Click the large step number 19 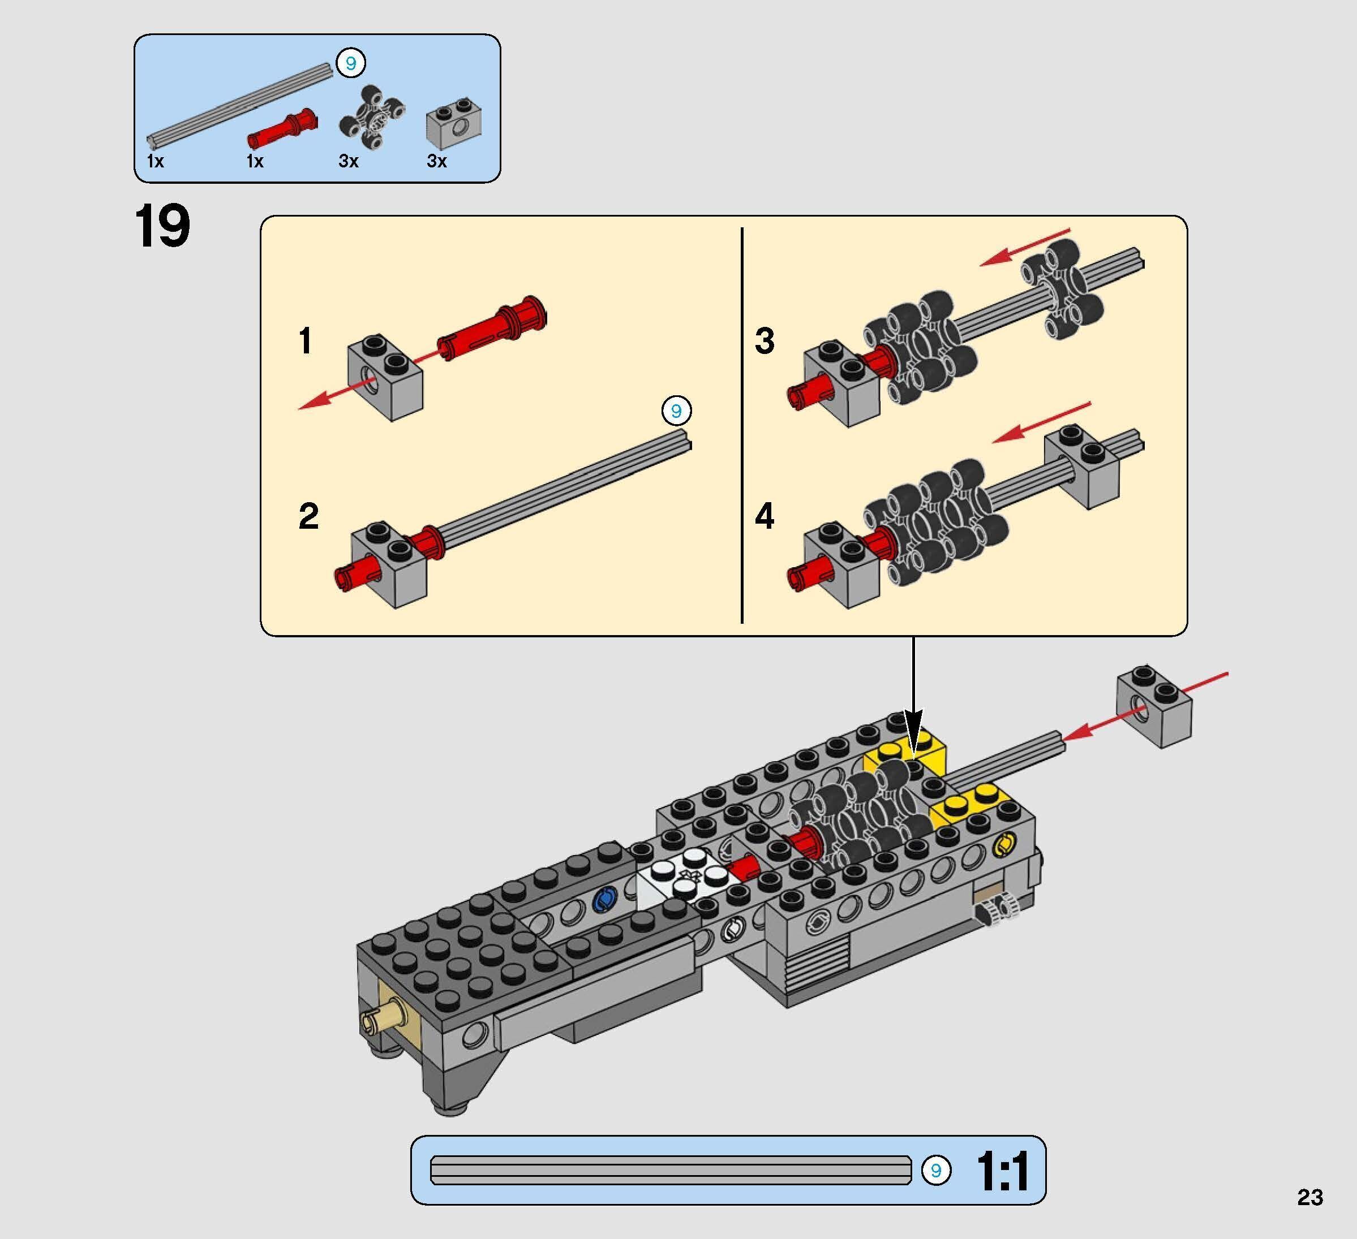click(x=162, y=227)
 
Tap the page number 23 click(x=1309, y=1197)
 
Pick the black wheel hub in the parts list click(x=372, y=118)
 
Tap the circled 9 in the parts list click(x=351, y=64)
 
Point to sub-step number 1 click(x=305, y=340)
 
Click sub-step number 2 click(x=308, y=517)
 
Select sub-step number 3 click(x=764, y=340)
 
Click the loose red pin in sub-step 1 click(x=492, y=327)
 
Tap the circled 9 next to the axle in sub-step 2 click(x=676, y=411)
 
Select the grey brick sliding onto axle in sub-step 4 click(x=1084, y=465)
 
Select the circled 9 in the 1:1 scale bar click(x=935, y=1171)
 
